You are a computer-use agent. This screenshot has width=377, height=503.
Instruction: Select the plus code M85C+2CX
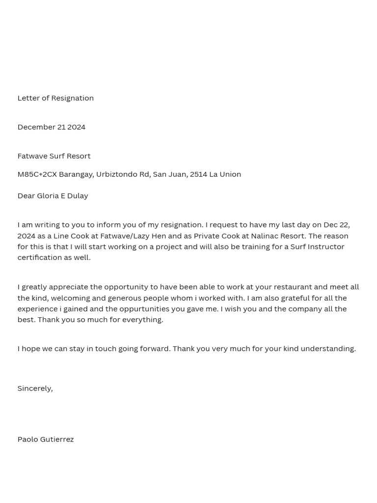[x=37, y=174]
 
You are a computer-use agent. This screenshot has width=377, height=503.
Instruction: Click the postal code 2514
[x=198, y=174]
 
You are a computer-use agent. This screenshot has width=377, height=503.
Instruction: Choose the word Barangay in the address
[x=76, y=174]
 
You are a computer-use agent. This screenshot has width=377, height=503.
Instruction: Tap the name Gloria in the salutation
[x=48, y=196]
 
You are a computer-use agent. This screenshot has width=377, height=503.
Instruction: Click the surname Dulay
[x=78, y=196]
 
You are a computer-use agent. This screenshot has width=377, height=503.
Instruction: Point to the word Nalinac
[x=265, y=236]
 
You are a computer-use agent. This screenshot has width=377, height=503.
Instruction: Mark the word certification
[x=39, y=257]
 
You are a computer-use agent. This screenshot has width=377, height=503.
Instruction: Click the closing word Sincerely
[x=35, y=388]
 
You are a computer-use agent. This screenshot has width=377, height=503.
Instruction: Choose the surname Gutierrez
[x=57, y=439]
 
